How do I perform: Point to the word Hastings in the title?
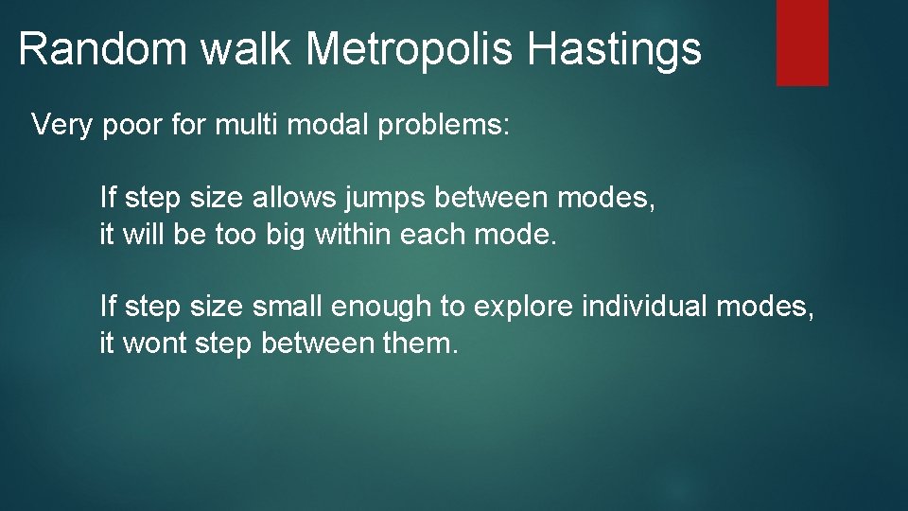[615, 48]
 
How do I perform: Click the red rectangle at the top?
[802, 43]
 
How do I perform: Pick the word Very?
[62, 125]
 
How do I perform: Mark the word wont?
[155, 343]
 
